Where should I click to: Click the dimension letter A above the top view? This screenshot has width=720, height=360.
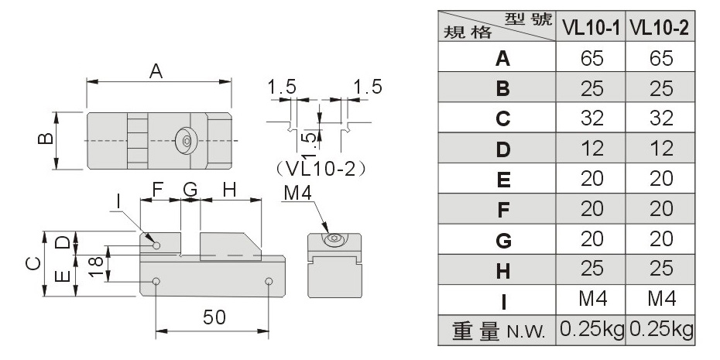pyautogui.click(x=156, y=70)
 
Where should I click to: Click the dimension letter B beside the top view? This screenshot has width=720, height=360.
pyautogui.click(x=45, y=139)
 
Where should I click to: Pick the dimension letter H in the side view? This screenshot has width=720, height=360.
pyautogui.click(x=229, y=188)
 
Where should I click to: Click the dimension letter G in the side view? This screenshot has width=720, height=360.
pyautogui.click(x=190, y=188)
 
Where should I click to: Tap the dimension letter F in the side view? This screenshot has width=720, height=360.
pyautogui.click(x=157, y=188)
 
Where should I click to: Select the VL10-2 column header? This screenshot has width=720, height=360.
pyautogui.click(x=660, y=28)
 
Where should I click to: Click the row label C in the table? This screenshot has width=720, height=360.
pyautogui.click(x=501, y=118)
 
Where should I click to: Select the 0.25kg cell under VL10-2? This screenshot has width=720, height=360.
pyautogui.click(x=660, y=329)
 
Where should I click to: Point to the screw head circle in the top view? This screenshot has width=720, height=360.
pyautogui.click(x=187, y=141)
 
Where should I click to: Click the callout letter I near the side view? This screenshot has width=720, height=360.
pyautogui.click(x=117, y=201)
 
